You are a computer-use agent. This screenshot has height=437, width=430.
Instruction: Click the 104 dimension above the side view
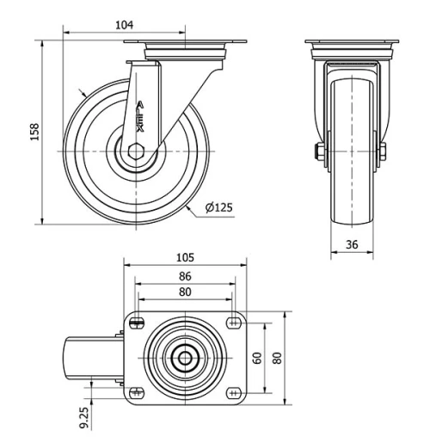coord(125,26)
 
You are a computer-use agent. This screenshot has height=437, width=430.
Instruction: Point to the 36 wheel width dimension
coord(353,243)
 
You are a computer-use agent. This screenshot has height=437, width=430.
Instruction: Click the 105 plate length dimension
coord(185,257)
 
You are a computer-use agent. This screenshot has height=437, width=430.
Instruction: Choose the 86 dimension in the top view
coord(185,276)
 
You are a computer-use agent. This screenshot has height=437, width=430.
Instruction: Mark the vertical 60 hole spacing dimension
coord(258,357)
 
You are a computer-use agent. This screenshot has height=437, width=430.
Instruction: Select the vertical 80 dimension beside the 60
coord(277,357)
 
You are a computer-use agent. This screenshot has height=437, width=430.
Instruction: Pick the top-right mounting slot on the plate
coord(233,322)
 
